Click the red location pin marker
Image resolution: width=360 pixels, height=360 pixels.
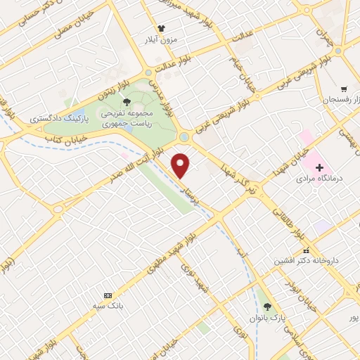pos(181,165)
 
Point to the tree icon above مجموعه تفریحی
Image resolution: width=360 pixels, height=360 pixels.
pos(127,103)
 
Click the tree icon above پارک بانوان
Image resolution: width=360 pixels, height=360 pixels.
pos(267,307)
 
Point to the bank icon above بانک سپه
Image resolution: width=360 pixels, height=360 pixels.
pos(108,295)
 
